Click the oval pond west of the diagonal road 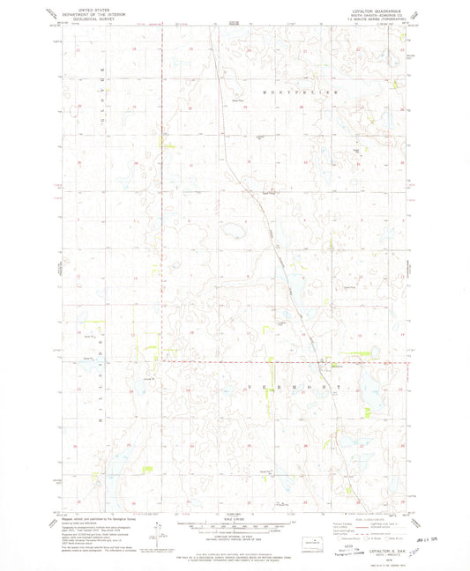(x=234, y=234)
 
